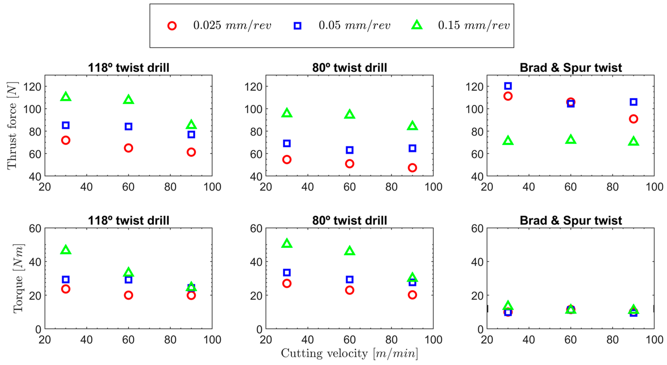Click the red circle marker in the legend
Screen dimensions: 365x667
[172, 26]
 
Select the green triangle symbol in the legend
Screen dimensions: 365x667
[417, 25]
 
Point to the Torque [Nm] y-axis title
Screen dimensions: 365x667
[18, 278]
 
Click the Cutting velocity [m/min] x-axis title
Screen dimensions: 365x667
[349, 353]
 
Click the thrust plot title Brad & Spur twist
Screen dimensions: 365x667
[571, 68]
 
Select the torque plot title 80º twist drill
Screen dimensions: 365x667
[349, 220]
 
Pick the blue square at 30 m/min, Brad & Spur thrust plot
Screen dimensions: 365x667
[508, 86]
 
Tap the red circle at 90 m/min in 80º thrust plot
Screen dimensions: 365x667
[412, 168]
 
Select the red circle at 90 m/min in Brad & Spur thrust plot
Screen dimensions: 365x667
[633, 119]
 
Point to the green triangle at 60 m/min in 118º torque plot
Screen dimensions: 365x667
[128, 272]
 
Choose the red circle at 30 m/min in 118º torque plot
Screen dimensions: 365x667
[66, 289]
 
